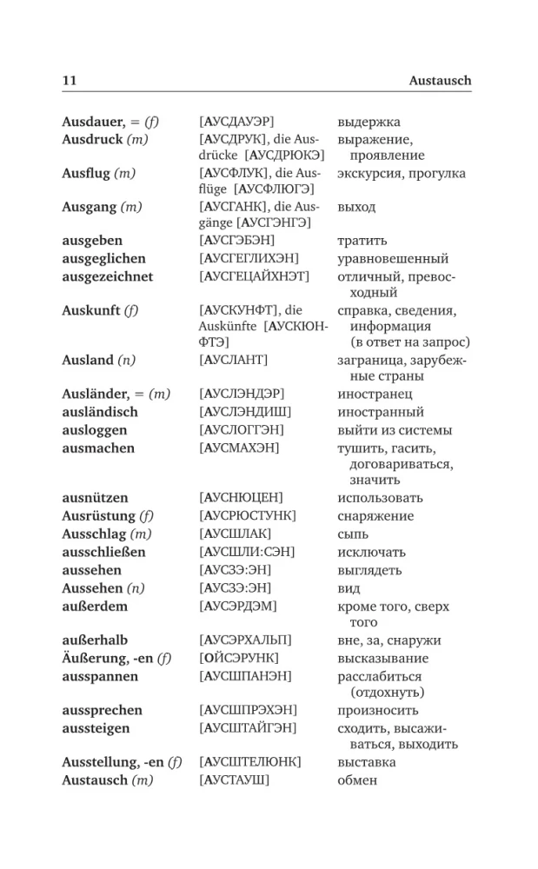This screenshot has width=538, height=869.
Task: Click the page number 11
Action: point(70,80)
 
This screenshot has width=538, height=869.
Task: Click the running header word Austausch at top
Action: point(440,80)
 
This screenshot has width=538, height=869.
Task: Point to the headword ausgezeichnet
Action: point(108,276)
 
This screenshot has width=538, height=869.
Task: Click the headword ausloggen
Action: point(95,429)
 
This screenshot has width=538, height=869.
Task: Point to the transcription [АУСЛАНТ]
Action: point(234,360)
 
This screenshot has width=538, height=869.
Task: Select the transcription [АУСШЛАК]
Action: point(235,533)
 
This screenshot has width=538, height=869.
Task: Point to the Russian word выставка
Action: point(367,762)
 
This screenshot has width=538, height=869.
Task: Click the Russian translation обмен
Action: point(357,779)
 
